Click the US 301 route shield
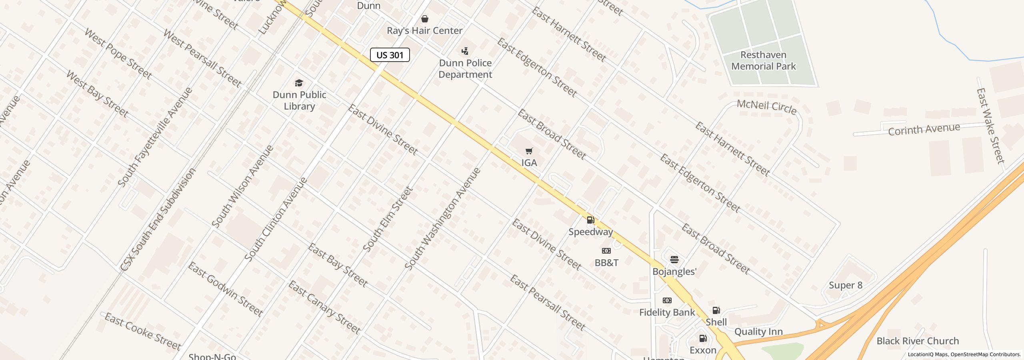pyautogui.click(x=390, y=55)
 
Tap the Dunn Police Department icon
pyautogui.click(x=465, y=51)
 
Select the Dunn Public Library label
pyautogui.click(x=299, y=100)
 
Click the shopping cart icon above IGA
pyautogui.click(x=529, y=151)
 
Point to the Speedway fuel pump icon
pyautogui.click(x=590, y=220)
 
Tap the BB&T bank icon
pyautogui.click(x=606, y=251)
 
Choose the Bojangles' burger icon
pyautogui.click(x=674, y=260)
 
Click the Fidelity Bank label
pyautogui.click(x=667, y=312)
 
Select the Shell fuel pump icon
pyautogui.click(x=716, y=310)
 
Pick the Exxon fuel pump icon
pyautogui.click(x=703, y=339)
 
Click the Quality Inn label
pyautogui.click(x=758, y=332)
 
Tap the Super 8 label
pyautogui.click(x=846, y=285)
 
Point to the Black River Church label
pyautogui.click(x=918, y=341)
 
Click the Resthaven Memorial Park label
pyautogui.click(x=763, y=60)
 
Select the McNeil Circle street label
pyautogui.click(x=767, y=107)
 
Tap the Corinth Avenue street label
pyautogui.click(x=924, y=129)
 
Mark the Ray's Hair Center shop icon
pyautogui.click(x=425, y=19)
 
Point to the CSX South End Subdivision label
pyautogui.click(x=158, y=219)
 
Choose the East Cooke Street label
pyautogui.click(x=143, y=332)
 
